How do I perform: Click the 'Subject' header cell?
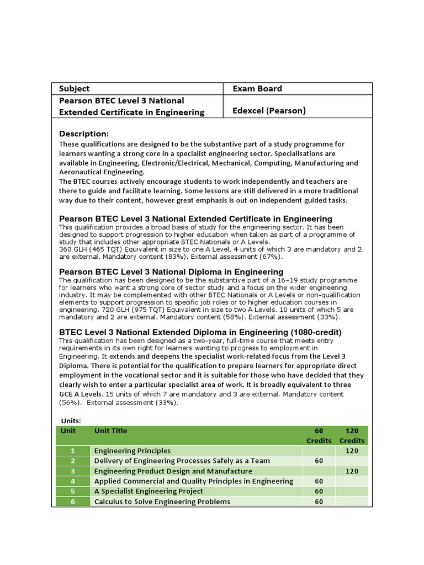(x=74, y=88)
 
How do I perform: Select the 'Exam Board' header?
(x=257, y=88)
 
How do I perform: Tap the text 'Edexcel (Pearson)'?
(x=269, y=110)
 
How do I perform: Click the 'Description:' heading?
(x=84, y=134)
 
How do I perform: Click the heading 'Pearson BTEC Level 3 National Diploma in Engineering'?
(x=171, y=271)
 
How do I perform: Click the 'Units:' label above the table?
(x=70, y=420)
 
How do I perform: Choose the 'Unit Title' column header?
(x=110, y=430)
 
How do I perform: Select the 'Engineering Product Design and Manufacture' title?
(x=173, y=471)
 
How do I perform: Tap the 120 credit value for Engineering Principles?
(x=352, y=451)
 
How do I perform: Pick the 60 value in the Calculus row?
(x=319, y=502)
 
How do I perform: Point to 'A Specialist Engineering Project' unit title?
(x=149, y=491)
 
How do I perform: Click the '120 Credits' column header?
(x=352, y=435)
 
